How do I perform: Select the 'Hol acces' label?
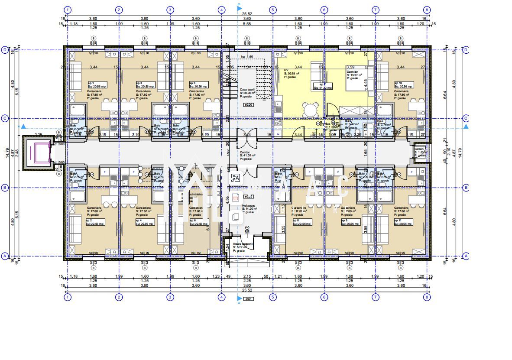click(x=241, y=207)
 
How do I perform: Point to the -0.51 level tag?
click(x=249, y=298)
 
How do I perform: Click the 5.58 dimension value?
click(x=247, y=24)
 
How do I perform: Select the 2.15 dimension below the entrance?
click(x=247, y=276)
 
